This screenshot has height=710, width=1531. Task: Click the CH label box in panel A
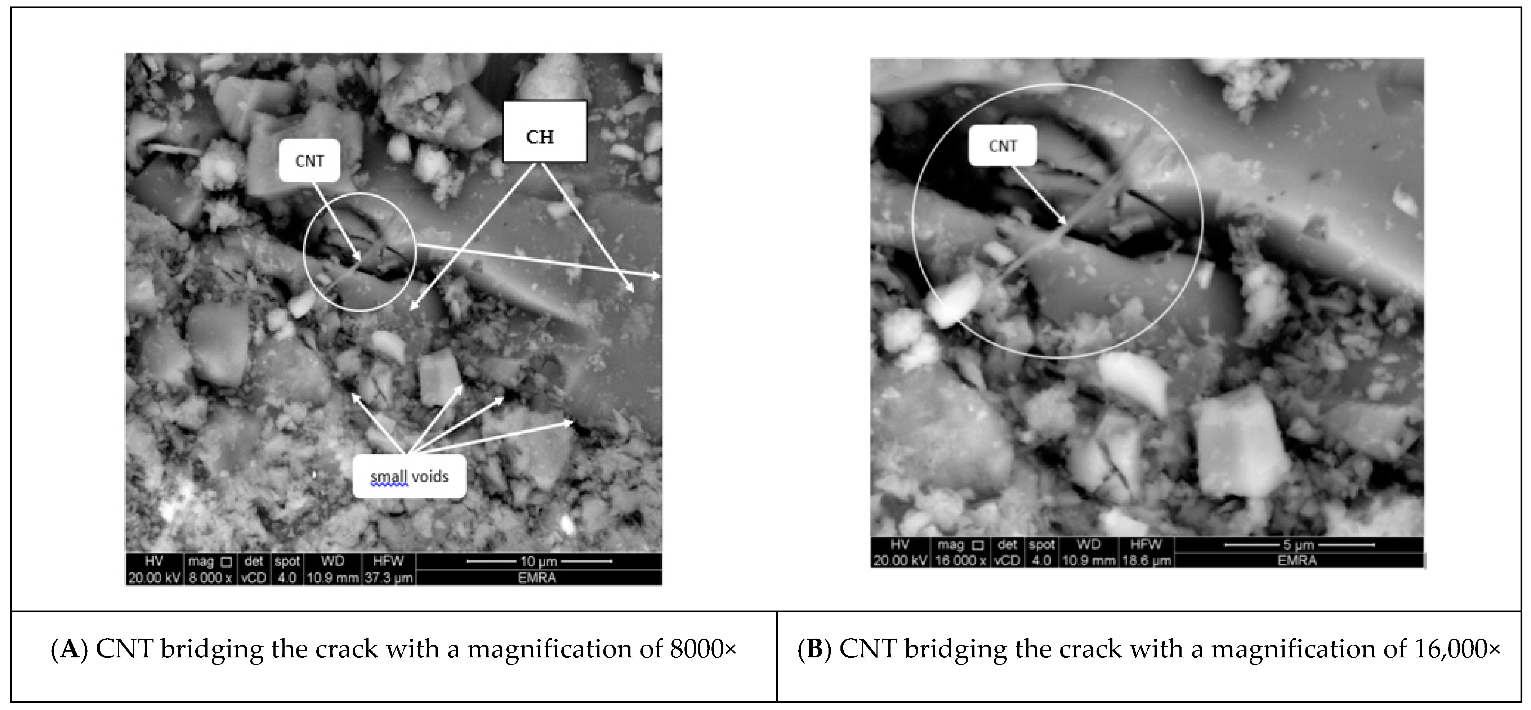tap(544, 132)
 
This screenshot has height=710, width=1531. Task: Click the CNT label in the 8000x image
tap(309, 161)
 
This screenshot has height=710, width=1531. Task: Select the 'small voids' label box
tap(409, 476)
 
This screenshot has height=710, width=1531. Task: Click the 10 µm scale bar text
tap(539, 562)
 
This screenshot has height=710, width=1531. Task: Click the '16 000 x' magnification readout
tap(960, 560)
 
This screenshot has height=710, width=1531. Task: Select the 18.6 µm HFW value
tap(1146, 560)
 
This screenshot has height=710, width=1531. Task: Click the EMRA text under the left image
tap(537, 577)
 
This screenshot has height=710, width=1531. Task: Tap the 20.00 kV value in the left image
tap(154, 577)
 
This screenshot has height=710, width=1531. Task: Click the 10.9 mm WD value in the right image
tap(1088, 560)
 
